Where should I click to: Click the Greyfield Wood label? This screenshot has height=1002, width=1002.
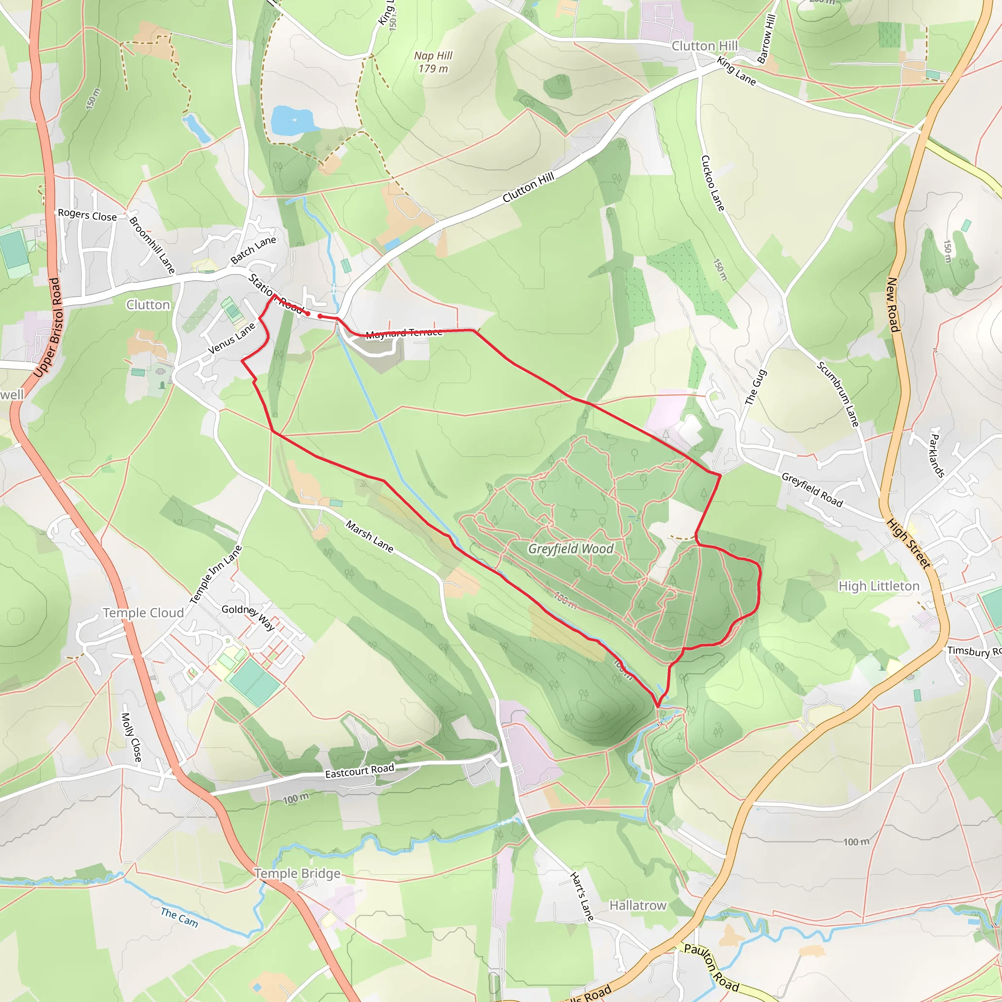click(x=570, y=549)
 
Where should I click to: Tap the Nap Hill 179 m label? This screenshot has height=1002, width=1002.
click(x=433, y=62)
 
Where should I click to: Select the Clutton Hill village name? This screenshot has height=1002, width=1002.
click(x=705, y=46)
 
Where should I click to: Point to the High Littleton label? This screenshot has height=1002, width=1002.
click(x=879, y=586)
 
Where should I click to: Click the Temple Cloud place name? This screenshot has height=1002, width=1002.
click(x=143, y=613)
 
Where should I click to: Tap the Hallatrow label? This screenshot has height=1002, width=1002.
click(x=638, y=906)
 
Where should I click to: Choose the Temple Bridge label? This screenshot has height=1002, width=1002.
click(x=297, y=873)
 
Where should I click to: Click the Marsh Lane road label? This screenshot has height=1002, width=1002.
click(x=369, y=537)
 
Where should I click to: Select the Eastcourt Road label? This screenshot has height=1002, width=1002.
click(x=360, y=771)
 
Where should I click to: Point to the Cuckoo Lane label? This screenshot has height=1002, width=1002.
click(x=712, y=183)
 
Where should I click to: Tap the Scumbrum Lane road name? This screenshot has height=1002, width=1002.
click(x=838, y=395)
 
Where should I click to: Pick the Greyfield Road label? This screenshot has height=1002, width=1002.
click(x=812, y=489)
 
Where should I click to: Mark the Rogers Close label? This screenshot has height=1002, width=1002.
click(x=87, y=215)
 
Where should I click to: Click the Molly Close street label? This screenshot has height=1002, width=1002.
click(x=131, y=737)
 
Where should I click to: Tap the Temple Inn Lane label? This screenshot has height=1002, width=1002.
click(x=216, y=575)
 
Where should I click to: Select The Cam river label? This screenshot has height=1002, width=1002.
click(x=179, y=917)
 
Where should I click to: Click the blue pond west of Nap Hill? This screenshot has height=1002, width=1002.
click(x=292, y=120)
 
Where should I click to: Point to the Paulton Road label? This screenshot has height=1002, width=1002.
click(x=711, y=967)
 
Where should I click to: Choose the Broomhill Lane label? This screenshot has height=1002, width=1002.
click(x=152, y=245)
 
